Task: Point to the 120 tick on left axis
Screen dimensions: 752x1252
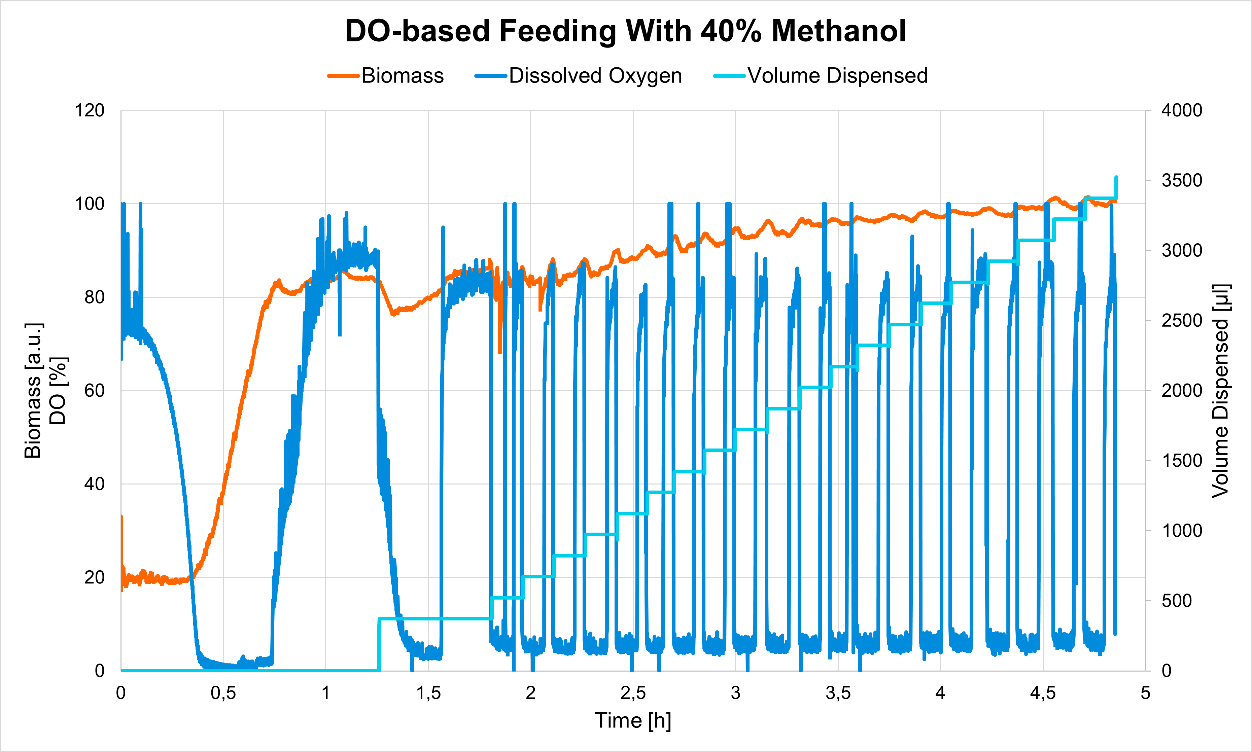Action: point(90,110)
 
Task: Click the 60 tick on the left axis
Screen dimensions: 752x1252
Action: point(94,391)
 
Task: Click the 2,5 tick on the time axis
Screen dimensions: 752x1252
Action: point(633,693)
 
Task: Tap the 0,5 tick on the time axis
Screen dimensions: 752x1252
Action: point(223,693)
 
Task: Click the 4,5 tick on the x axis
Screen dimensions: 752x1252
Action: point(1043,693)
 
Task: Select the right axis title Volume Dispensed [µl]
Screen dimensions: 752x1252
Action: point(1221,391)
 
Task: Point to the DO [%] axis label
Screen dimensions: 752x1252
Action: point(58,391)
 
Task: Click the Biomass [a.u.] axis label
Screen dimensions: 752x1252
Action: point(33,391)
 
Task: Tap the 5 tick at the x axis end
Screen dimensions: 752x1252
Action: point(1146,693)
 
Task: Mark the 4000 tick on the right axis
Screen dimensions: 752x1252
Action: point(1182,110)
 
